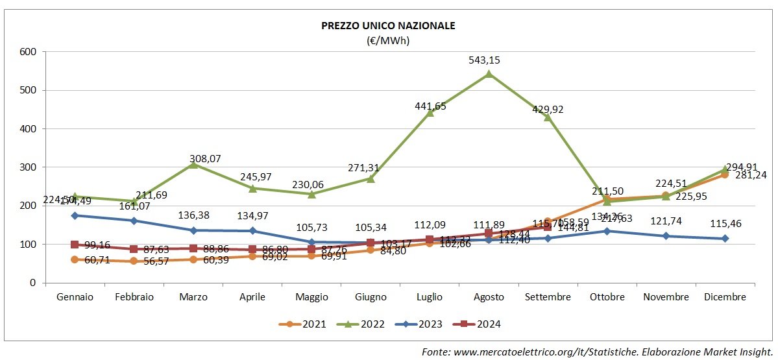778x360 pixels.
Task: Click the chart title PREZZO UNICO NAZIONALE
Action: click(389, 26)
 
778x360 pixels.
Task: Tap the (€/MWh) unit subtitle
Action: click(389, 40)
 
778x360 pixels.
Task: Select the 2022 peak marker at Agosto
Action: click(489, 73)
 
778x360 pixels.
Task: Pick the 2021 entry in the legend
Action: click(302, 324)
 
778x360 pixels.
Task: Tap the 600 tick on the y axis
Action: click(28, 52)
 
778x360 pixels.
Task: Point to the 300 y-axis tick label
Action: click(28, 167)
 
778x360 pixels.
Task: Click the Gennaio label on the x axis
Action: click(75, 297)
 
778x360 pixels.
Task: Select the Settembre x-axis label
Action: click(548, 297)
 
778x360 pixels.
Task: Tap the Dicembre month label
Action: click(725, 297)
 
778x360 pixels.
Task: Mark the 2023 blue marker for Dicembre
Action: click(725, 239)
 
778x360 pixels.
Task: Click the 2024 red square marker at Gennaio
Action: click(75, 245)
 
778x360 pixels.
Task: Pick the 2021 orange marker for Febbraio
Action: click(134, 261)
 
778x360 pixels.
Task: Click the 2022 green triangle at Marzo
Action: click(193, 165)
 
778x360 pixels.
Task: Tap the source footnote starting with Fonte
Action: click(597, 352)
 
